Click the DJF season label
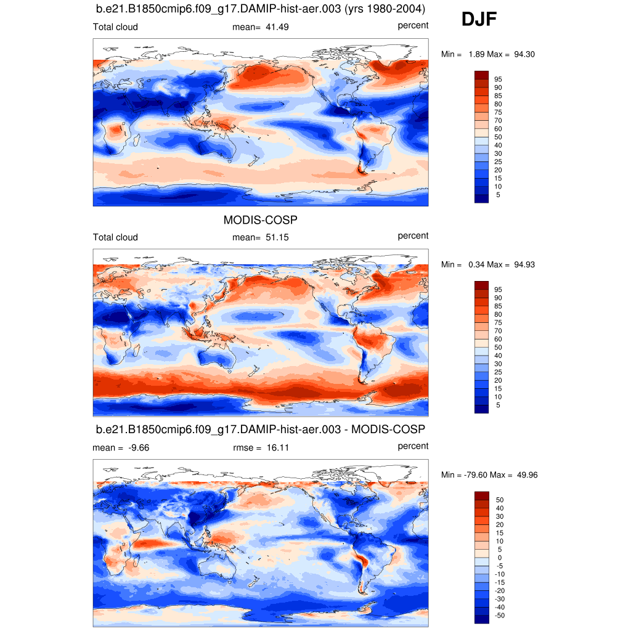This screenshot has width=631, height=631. (x=479, y=20)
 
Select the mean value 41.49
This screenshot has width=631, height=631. (x=277, y=27)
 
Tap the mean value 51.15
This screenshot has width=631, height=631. (x=277, y=237)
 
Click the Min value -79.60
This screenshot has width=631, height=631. (x=477, y=475)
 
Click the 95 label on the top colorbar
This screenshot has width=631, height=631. (x=498, y=79)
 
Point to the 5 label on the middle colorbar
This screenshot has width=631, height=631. (x=498, y=405)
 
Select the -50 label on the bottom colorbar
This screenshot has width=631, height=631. (x=500, y=616)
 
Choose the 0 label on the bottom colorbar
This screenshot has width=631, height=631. (x=498, y=558)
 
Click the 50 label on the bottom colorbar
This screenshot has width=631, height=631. (x=500, y=500)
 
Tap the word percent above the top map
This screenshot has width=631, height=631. (x=413, y=25)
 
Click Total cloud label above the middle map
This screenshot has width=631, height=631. (x=115, y=237)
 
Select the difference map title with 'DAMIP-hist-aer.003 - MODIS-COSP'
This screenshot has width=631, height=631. (x=261, y=429)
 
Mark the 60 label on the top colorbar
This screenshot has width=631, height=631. (x=498, y=129)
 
